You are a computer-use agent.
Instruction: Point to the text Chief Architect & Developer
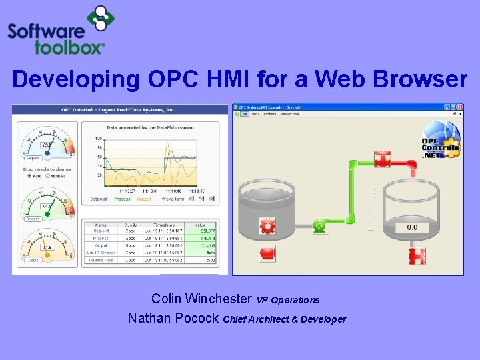(x=285, y=319)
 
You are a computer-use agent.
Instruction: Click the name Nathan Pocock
(x=173, y=318)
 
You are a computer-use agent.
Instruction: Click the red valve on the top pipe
(x=383, y=160)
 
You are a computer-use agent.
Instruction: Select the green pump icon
(x=321, y=227)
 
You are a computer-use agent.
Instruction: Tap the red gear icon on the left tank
(x=268, y=227)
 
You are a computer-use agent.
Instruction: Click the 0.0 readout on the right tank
(x=412, y=227)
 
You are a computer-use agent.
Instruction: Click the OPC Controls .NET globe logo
(x=441, y=139)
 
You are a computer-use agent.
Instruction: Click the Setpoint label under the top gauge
(x=33, y=159)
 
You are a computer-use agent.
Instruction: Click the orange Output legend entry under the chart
(x=144, y=199)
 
